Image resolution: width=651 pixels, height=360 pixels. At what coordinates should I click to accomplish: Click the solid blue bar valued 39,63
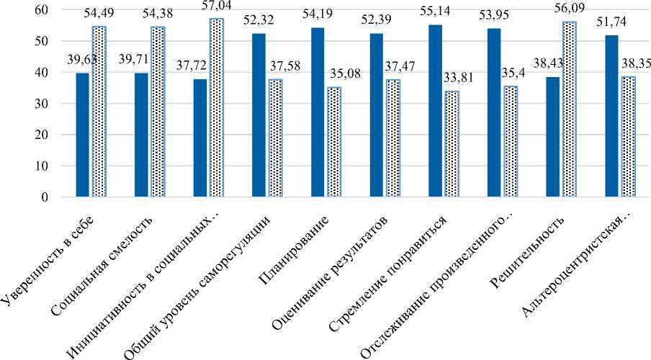[x=81, y=135]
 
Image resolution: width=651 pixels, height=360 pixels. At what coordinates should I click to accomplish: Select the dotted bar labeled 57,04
[x=217, y=107]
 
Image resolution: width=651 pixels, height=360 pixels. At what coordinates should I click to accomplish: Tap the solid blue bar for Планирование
[x=318, y=112]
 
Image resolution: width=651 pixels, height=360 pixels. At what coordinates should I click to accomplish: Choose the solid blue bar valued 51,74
[x=612, y=116]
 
